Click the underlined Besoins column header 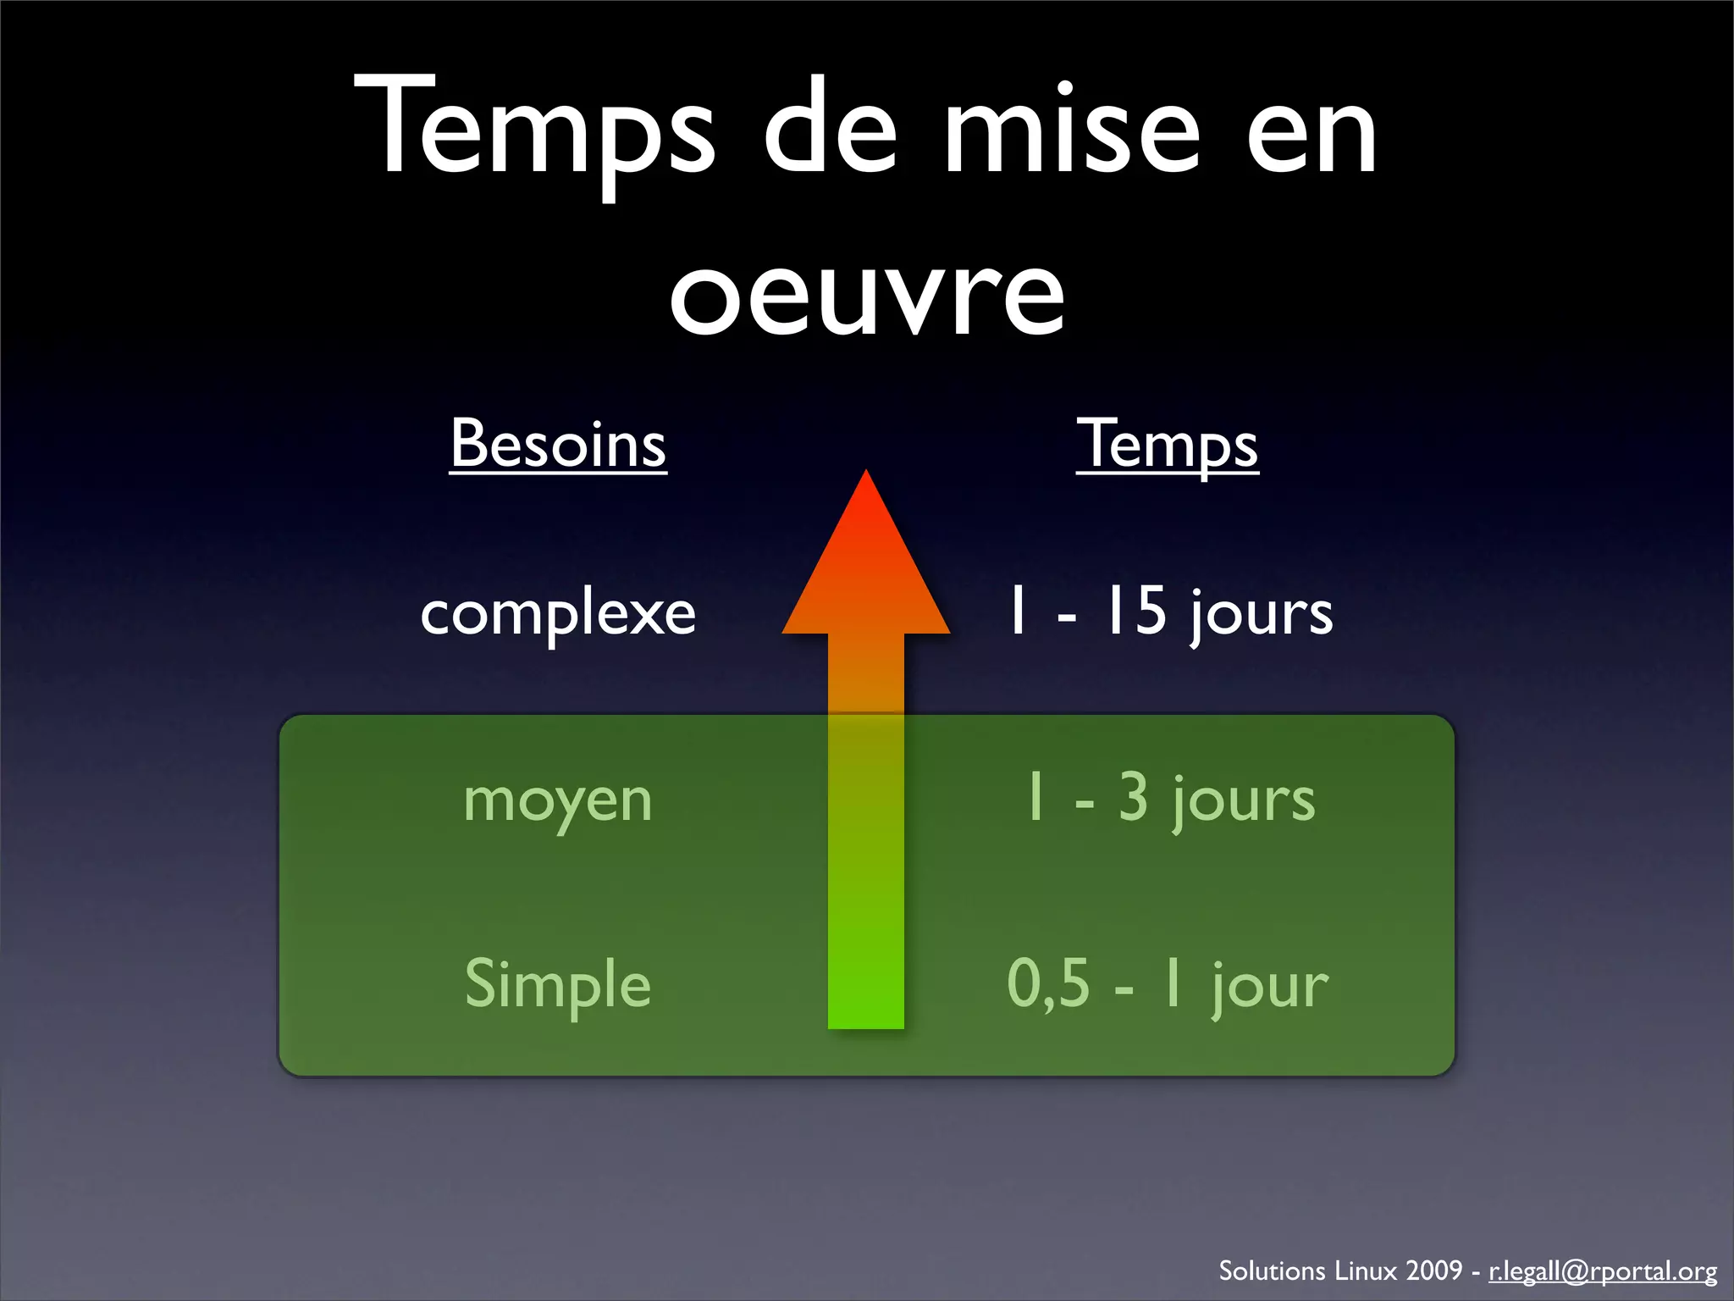click(558, 444)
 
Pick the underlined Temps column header click(1168, 444)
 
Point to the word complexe click(558, 613)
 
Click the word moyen click(558, 800)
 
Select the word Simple click(558, 984)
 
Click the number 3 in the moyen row click(1134, 797)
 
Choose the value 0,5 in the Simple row click(1048, 984)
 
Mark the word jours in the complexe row click(1262, 613)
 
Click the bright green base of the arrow click(865, 999)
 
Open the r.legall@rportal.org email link click(1603, 1271)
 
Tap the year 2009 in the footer click(1433, 1271)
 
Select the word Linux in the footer click(1365, 1271)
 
